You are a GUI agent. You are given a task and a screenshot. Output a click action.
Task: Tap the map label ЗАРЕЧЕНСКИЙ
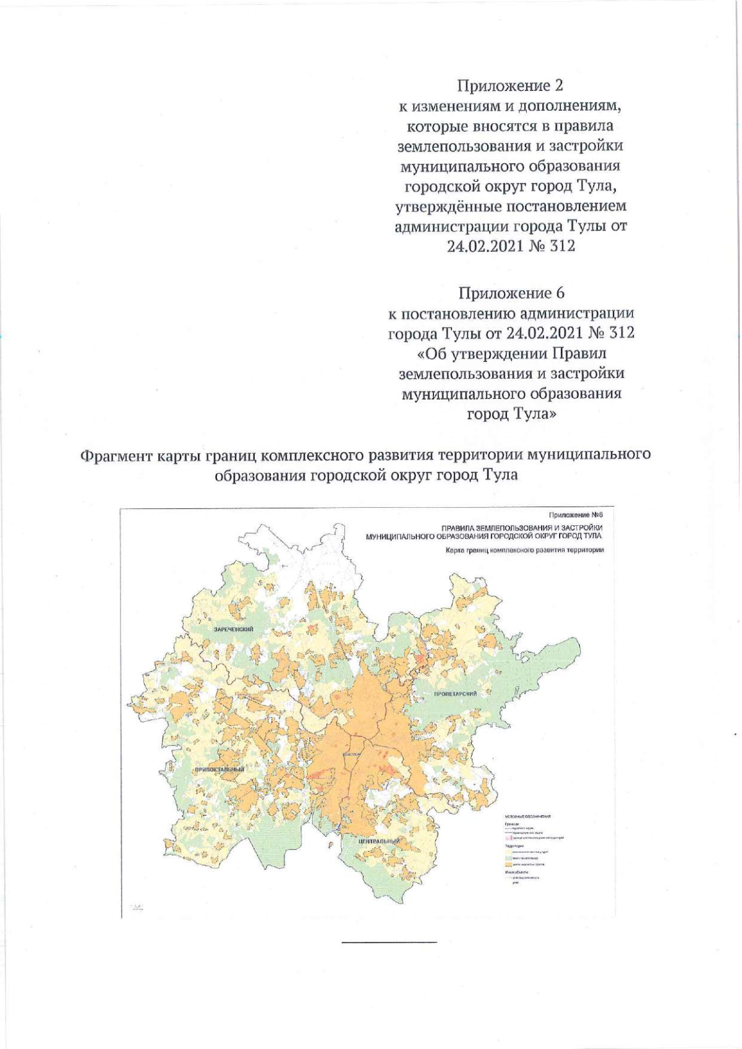pyautogui.click(x=234, y=629)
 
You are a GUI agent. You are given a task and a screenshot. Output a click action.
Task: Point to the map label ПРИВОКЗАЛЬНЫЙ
pyautogui.click(x=219, y=769)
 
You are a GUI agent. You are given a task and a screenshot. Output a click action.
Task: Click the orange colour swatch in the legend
pyautogui.click(x=508, y=864)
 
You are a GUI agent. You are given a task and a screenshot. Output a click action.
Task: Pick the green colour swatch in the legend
pyautogui.click(x=508, y=858)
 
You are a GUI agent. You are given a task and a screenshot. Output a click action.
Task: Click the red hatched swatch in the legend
pyautogui.click(x=509, y=837)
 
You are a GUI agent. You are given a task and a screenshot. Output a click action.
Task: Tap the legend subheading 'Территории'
pyautogui.click(x=514, y=846)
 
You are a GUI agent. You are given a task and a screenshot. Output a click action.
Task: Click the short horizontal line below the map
pyautogui.click(x=389, y=942)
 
